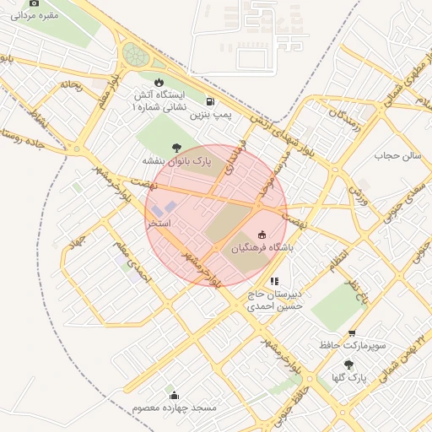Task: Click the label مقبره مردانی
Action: click(35, 15)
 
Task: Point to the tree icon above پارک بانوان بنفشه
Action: click(175, 146)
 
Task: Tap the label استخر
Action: click(159, 224)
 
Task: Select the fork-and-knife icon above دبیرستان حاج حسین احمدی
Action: click(273, 281)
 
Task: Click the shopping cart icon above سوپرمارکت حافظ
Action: click(352, 333)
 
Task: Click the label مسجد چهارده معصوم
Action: click(175, 408)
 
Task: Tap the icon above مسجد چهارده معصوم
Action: click(175, 395)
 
